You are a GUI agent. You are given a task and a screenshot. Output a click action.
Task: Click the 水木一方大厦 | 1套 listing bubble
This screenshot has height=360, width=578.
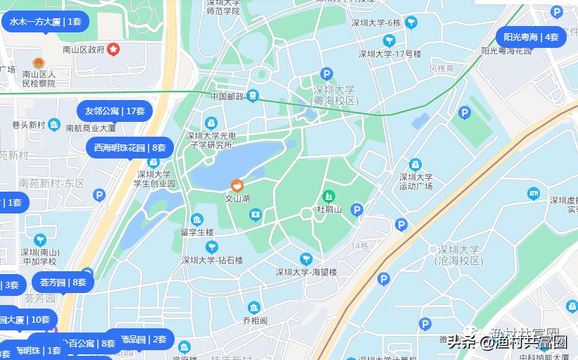tap(45, 22)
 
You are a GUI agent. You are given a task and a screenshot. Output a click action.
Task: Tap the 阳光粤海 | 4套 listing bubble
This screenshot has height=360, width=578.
tap(531, 37)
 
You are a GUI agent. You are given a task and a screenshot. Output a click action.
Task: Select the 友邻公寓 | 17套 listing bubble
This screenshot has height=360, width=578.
tap(115, 111)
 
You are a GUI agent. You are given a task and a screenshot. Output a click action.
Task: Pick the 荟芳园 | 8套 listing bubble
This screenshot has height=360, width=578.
tap(63, 283)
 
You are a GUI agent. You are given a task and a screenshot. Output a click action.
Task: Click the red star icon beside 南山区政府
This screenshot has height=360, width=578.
tap(113, 49)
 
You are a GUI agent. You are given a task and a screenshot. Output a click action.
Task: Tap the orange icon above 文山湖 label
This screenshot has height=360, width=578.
tap(237, 186)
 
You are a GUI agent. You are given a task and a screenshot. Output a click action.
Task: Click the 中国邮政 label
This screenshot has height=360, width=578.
tap(227, 96)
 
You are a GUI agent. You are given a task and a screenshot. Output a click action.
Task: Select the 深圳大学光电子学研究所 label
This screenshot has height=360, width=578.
tap(210, 140)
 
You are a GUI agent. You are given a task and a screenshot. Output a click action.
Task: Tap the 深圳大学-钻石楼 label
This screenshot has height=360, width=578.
tap(212, 260)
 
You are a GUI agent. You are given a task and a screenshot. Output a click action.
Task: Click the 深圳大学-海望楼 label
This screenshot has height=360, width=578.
tap(306, 272)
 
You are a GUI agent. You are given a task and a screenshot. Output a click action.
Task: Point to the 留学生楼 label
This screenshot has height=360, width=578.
tap(196, 232)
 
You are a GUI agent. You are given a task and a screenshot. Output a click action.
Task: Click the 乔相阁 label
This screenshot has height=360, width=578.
tap(255, 320)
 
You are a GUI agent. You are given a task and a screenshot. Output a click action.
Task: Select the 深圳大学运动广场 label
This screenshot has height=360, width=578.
tap(416, 182)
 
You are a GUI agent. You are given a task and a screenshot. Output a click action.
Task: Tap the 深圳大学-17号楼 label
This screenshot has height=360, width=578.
tap(390, 54)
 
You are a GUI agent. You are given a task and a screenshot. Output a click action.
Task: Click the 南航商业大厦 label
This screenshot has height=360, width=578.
tap(91, 128)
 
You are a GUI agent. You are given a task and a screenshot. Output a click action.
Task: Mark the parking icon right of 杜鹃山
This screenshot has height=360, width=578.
tap(357, 209)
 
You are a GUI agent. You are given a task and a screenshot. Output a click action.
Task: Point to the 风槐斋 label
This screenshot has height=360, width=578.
tap(441, 68)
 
